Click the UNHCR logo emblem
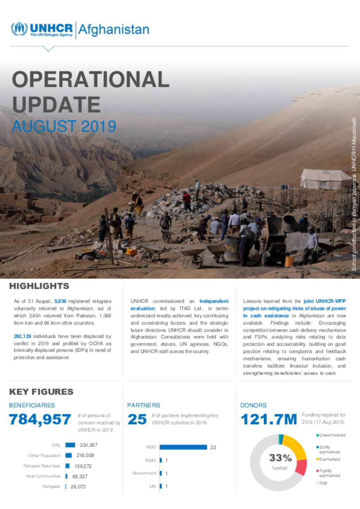coord(19,29)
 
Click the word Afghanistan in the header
coord(114,30)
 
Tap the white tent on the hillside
coord(325,179)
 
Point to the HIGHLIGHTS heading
coord(39,286)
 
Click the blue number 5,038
coord(60,301)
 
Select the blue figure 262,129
coord(22,336)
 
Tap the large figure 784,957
coord(40,419)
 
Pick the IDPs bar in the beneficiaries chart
coord(70,445)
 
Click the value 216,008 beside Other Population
coord(85,456)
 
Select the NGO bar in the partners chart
coord(183,447)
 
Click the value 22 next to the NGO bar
coord(213,448)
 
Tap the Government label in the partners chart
coord(144,473)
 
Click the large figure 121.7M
coord(269,419)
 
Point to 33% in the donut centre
coord(280,458)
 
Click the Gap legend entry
coord(323,483)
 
